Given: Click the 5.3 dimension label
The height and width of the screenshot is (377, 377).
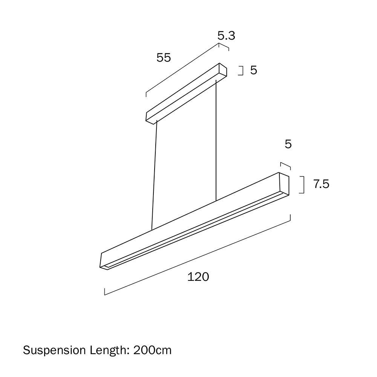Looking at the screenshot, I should pos(226,36).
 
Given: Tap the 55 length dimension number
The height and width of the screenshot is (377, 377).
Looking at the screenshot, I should pos(164,58).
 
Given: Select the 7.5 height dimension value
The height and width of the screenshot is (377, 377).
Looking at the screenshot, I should pos(321,184).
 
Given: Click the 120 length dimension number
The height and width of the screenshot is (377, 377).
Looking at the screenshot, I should pos(198,277).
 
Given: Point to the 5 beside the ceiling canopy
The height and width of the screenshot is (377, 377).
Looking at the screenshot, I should pos(253,70).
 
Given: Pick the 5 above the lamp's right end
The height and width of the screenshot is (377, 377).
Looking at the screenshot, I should pos(288,144).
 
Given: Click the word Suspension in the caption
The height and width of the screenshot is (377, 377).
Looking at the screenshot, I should pos(54,350).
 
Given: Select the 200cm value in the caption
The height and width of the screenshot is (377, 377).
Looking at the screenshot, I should pos(152,350).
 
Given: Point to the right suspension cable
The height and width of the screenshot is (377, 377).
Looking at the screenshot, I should pos(216,139).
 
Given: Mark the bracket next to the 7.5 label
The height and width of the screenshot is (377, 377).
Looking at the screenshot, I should pos(302,185).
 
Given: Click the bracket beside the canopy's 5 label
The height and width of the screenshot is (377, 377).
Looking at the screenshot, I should pos(242,70).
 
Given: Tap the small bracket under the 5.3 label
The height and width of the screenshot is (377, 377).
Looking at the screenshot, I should pos(224,46).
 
